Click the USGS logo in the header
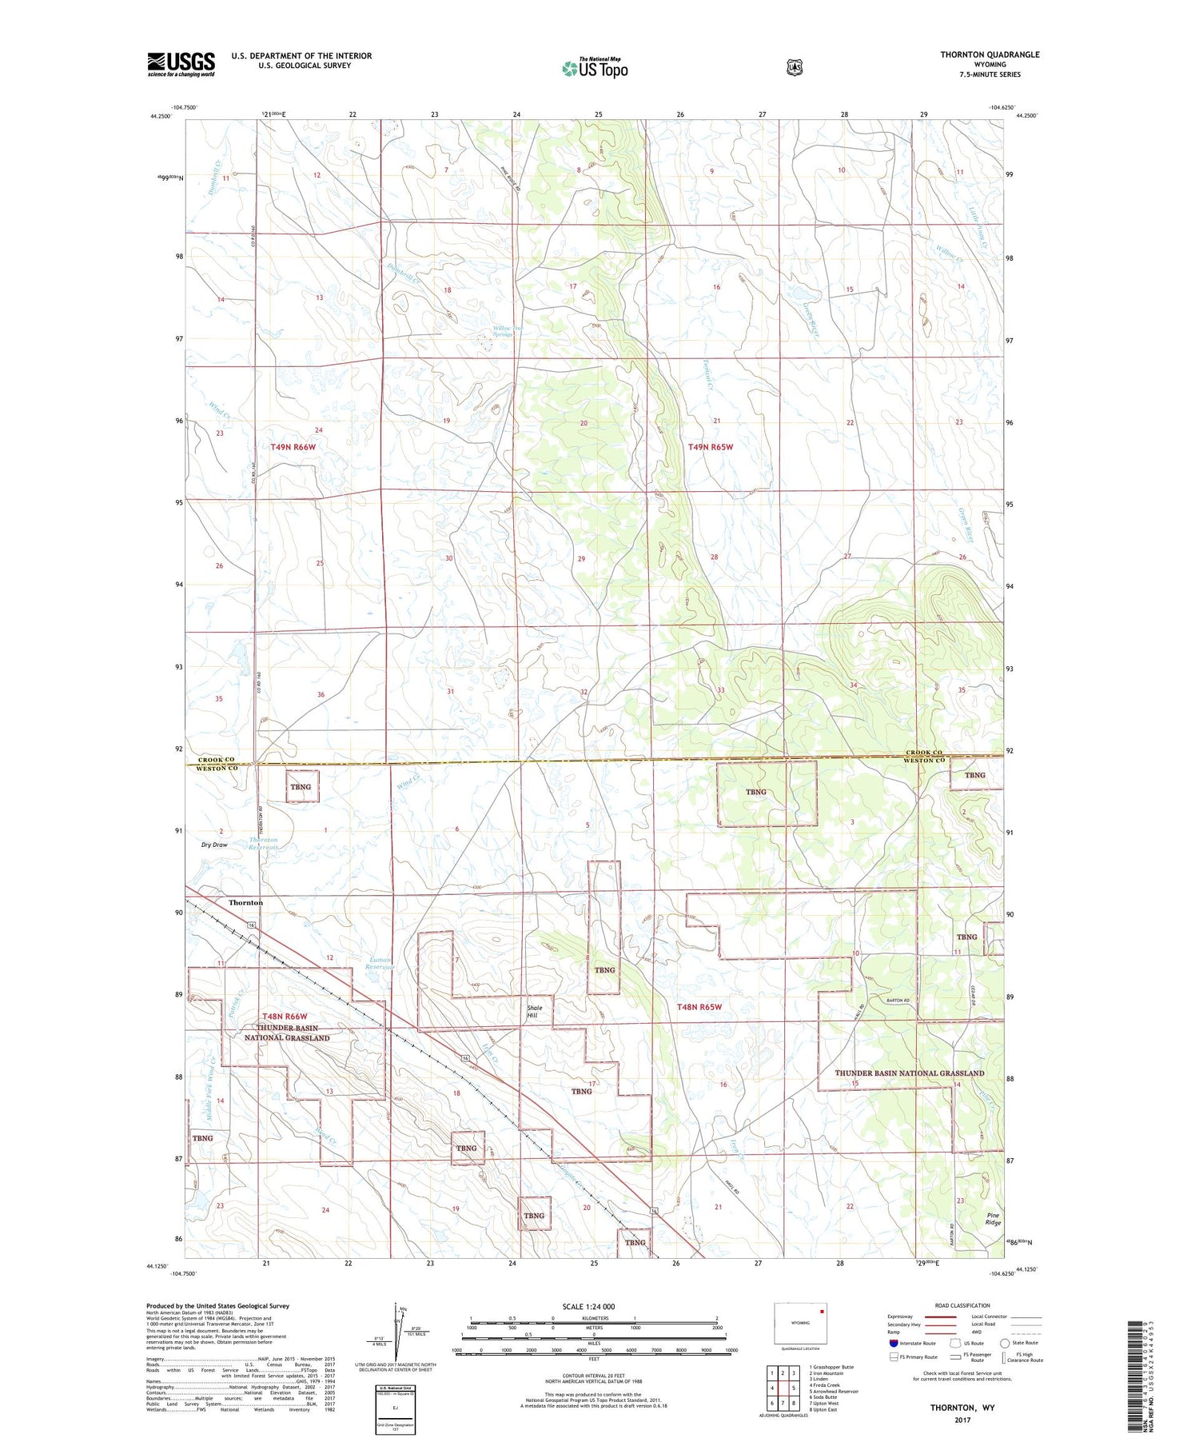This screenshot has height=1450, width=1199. point(181,64)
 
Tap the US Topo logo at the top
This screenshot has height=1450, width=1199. point(595,68)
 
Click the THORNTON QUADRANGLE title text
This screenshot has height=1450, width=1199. point(990,54)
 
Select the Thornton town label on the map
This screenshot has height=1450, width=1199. point(245,902)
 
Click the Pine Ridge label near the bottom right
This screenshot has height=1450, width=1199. point(993,1219)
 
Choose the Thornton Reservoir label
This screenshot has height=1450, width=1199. point(263,843)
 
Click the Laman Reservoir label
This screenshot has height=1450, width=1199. point(380,964)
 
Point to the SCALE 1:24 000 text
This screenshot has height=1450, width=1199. point(588,1307)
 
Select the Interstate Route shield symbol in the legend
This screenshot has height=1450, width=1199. point(894,1343)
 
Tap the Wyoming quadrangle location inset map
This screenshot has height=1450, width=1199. point(800,1323)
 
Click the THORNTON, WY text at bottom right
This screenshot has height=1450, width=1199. point(962,1407)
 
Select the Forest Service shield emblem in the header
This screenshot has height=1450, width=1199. point(794,68)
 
